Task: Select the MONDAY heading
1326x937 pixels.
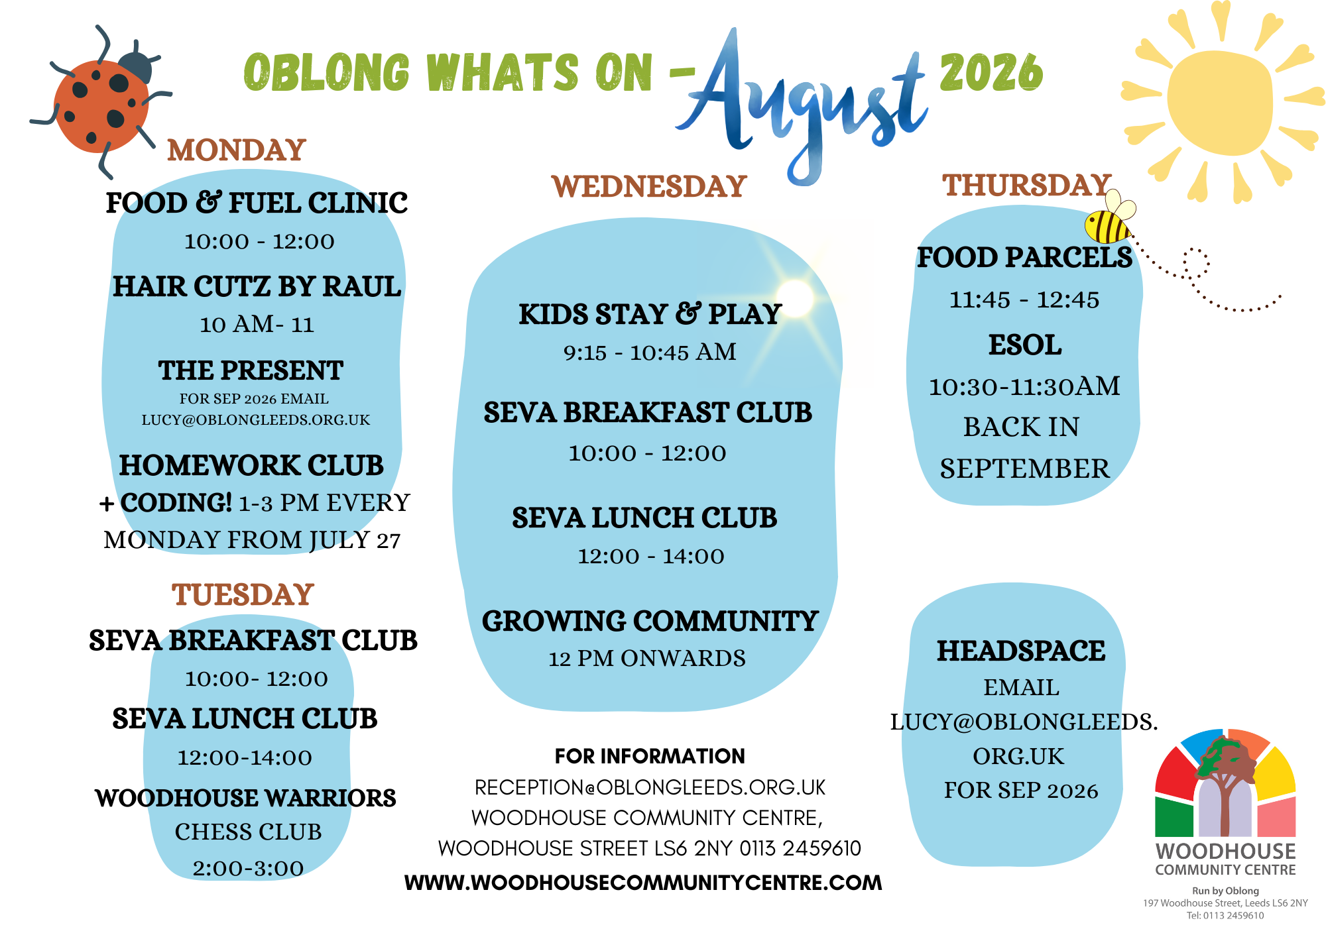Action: tap(237, 150)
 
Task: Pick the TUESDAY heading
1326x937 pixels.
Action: tap(243, 594)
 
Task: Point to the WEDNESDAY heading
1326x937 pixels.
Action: tap(649, 186)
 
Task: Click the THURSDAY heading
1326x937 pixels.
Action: tap(1027, 185)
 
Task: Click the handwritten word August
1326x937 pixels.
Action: tap(802, 106)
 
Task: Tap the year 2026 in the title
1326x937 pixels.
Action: tap(991, 72)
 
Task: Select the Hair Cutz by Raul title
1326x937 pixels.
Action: tap(257, 286)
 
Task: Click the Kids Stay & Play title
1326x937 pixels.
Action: tap(650, 314)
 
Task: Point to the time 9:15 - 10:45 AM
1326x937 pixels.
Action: tap(650, 352)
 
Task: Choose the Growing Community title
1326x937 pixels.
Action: tap(650, 621)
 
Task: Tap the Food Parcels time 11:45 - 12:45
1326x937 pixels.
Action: tap(1024, 300)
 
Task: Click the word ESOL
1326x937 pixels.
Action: tap(1025, 345)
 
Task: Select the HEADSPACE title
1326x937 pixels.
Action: tap(1021, 651)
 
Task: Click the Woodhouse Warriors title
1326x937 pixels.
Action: tap(245, 798)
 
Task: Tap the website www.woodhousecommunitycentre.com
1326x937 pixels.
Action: tap(643, 883)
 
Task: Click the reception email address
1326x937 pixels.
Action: tap(650, 787)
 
